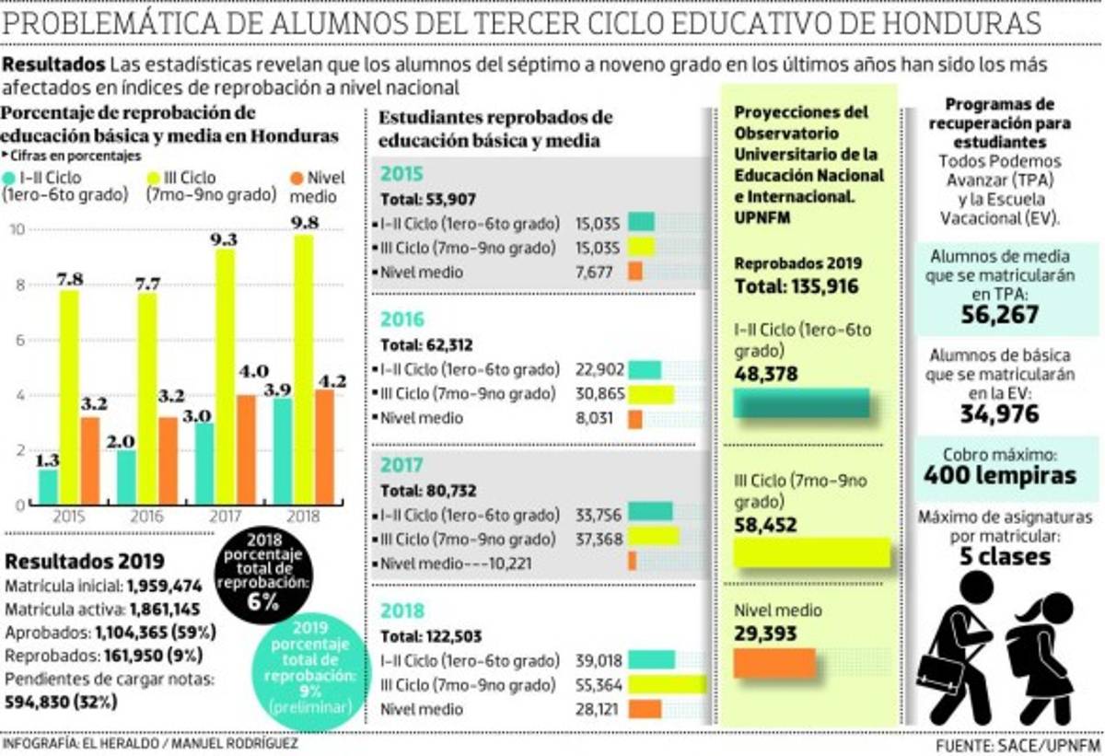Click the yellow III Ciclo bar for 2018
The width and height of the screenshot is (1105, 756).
click(304, 368)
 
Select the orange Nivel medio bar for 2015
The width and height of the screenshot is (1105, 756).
click(89, 460)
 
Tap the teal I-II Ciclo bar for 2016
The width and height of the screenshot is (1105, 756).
click(126, 477)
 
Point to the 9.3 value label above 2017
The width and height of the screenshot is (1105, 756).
click(224, 239)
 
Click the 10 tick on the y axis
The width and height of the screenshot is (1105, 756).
click(17, 229)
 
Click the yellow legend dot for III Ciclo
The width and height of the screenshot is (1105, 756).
click(156, 177)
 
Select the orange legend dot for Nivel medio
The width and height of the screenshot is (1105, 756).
click(297, 177)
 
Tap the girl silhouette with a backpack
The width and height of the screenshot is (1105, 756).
click(1041, 658)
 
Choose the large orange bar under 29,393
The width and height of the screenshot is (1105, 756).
click(774, 662)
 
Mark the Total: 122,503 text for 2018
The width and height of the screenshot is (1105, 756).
click(431, 635)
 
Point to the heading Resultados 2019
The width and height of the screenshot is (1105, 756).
click(85, 562)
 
